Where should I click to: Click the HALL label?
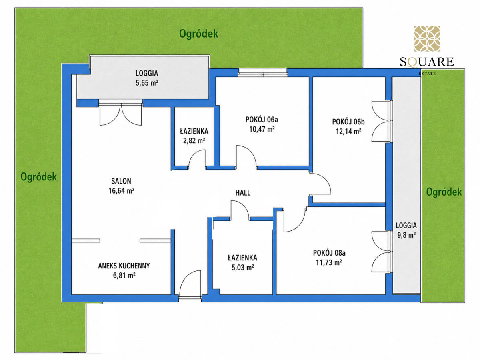pos(243,192)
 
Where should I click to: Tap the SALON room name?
pos(121,181)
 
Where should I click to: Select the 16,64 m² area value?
pos(121,191)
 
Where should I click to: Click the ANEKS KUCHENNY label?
pos(124,266)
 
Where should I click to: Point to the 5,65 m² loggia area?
pos(147,83)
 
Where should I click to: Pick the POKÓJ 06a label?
pos(262,120)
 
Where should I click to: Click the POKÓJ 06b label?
pos(348,122)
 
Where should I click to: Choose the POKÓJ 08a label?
pos(329,253)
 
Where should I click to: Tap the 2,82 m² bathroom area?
pos(194,140)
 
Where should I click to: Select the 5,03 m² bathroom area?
pos(242,267)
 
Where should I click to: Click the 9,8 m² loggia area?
pos(406,235)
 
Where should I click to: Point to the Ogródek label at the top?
pos(198,34)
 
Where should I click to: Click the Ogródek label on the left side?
pos(38,177)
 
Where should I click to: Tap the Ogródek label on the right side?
pos(444,192)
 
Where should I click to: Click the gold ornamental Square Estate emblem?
pos(427,39)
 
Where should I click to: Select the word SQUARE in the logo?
pos(427,62)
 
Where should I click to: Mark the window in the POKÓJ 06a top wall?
pos(262,72)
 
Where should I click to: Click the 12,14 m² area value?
pos(348,131)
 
